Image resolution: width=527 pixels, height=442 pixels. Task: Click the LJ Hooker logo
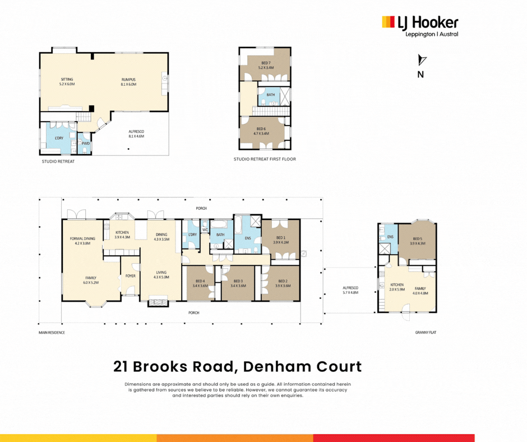[420, 26]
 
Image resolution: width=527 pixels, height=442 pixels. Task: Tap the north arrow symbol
[422, 61]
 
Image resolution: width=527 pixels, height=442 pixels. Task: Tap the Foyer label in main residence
[130, 275]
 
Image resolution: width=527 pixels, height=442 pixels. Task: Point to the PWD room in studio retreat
[86, 143]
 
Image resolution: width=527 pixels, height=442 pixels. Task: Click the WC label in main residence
[205, 230]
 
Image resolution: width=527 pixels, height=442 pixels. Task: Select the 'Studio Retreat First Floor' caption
[265, 159]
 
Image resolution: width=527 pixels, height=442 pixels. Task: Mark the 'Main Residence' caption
[52, 333]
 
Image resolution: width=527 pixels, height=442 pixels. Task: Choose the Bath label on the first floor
[271, 95]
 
